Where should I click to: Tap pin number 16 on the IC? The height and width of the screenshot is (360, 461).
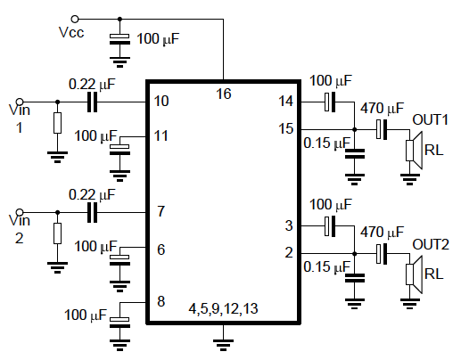click(x=224, y=92)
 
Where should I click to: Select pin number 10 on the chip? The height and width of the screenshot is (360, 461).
click(x=161, y=101)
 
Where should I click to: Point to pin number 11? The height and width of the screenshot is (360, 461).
click(x=161, y=136)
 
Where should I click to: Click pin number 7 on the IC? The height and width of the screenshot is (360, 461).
click(x=161, y=212)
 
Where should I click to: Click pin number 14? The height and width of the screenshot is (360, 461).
click(x=286, y=101)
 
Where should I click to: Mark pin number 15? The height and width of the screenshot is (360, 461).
click(x=286, y=128)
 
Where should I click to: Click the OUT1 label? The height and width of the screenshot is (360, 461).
click(x=430, y=119)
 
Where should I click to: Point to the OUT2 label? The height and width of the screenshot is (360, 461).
click(x=430, y=243)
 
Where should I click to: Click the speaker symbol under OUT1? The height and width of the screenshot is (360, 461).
click(x=413, y=150)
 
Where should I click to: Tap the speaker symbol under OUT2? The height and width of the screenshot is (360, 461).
click(x=413, y=273)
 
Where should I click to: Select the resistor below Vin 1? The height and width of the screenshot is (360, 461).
click(x=57, y=122)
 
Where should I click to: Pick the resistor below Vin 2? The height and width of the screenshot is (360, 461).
click(x=57, y=233)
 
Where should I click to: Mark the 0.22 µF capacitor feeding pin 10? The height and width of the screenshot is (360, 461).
click(x=92, y=101)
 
